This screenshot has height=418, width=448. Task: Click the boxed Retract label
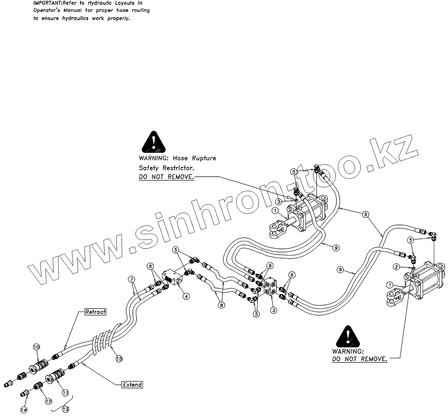pyautogui.click(x=96, y=312)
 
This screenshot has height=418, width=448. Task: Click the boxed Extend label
pyautogui.click(x=133, y=384)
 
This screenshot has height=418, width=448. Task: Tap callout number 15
pyautogui.click(x=119, y=359)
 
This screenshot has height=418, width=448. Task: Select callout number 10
pyautogui.click(x=36, y=347)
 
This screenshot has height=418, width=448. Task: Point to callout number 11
pyautogui.click(x=65, y=393)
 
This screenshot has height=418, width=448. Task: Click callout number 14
pyautogui.click(x=24, y=410)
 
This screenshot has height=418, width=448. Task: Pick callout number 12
pyautogui.click(x=48, y=401)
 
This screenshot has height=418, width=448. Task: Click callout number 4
pyautogui.click(x=186, y=296)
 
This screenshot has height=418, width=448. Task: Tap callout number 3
pyautogui.click(x=274, y=310)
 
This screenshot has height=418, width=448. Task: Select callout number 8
pyautogui.click(x=222, y=305)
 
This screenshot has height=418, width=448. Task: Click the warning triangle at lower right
pyautogui.click(x=348, y=336)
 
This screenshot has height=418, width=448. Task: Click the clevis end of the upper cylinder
pyautogui.click(x=276, y=229)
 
